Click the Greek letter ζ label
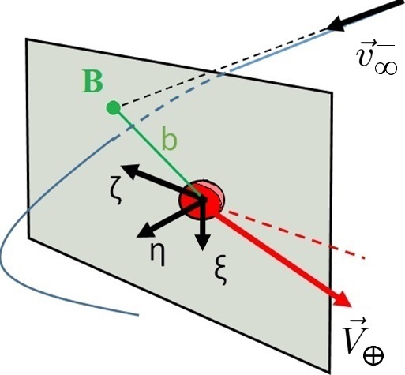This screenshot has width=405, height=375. (x=116, y=189)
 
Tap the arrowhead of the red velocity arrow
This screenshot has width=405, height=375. (x=342, y=298)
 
